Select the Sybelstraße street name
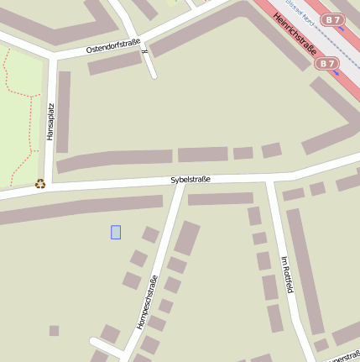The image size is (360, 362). [x=190, y=179]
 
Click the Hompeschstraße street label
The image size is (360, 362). [x=148, y=302]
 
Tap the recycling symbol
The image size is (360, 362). [x=40, y=183]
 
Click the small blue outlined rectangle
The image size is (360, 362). [x=116, y=232]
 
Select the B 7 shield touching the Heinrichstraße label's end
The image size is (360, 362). [x=328, y=63]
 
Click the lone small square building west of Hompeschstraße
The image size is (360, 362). [x=55, y=330]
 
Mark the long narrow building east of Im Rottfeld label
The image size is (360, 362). [x=305, y=270]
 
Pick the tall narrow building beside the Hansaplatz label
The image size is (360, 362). [x=63, y=112]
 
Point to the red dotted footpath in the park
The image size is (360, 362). [x=9, y=84]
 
